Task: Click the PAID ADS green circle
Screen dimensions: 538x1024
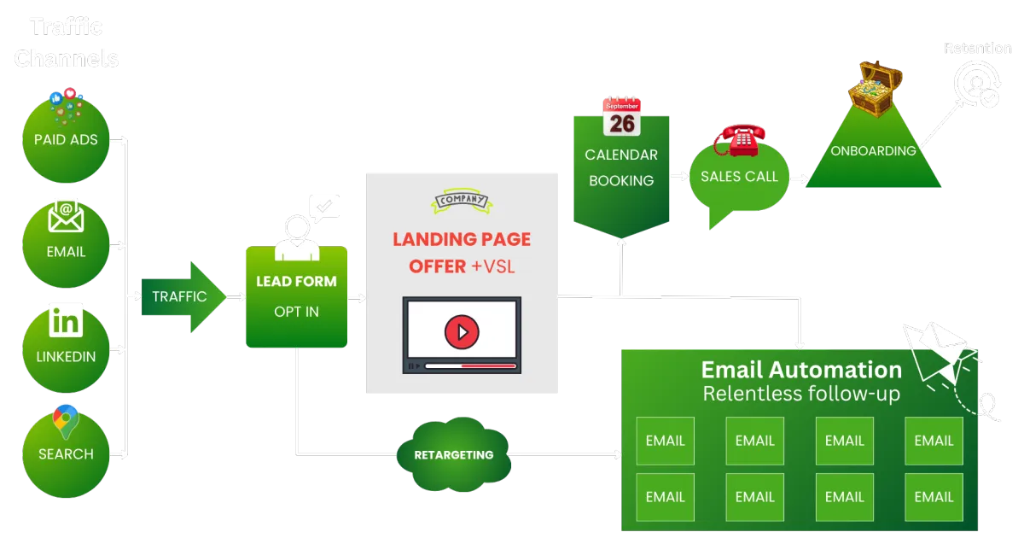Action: pos(66,139)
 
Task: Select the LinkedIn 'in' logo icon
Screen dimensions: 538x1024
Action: pos(66,321)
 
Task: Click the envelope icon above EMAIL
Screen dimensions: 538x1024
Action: pos(66,217)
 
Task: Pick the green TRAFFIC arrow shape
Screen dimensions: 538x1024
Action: pos(181,296)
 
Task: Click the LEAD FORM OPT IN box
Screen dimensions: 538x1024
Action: pos(296,296)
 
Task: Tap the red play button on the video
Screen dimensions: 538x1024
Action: pos(462,330)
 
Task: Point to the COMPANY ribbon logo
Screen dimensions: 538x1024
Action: pos(462,200)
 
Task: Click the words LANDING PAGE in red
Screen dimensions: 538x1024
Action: pos(462,239)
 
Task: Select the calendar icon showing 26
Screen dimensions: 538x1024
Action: pos(621,116)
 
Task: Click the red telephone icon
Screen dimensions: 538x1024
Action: pos(740,139)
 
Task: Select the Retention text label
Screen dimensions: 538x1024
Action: pos(977,49)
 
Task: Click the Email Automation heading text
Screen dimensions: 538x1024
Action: pos(801,370)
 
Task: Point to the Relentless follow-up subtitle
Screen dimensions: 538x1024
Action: pos(801,394)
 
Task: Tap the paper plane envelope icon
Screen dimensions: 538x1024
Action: pos(941,351)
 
